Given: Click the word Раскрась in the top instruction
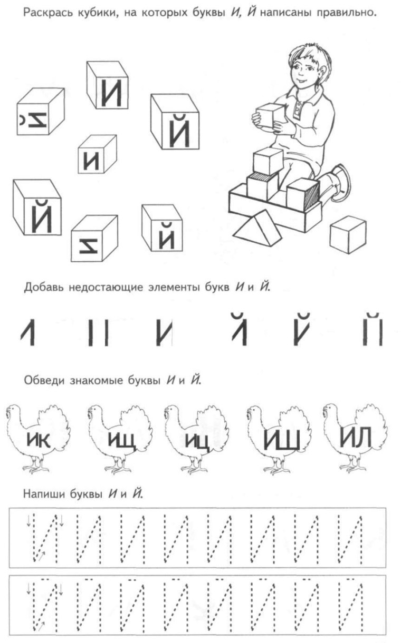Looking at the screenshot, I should (43, 13).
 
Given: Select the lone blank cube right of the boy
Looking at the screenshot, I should (348, 234).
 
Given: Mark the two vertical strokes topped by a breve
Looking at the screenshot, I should (372, 329).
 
